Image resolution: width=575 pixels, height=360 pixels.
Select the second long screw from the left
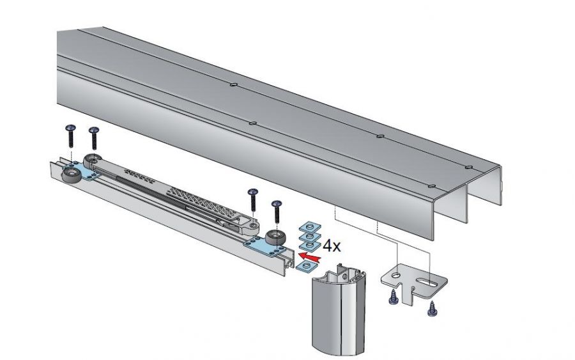click(95, 137)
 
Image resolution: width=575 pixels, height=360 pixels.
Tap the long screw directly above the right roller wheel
click(277, 211)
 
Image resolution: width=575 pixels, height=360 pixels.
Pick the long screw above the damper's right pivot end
click(253, 200)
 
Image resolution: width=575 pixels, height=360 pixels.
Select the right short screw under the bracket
click(433, 308)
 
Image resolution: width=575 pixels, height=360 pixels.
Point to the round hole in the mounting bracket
click(396, 274)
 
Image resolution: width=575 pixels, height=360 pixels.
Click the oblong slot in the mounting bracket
click(427, 282)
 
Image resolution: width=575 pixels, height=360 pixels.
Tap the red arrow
click(310, 257)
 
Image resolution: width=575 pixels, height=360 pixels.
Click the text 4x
click(332, 246)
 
